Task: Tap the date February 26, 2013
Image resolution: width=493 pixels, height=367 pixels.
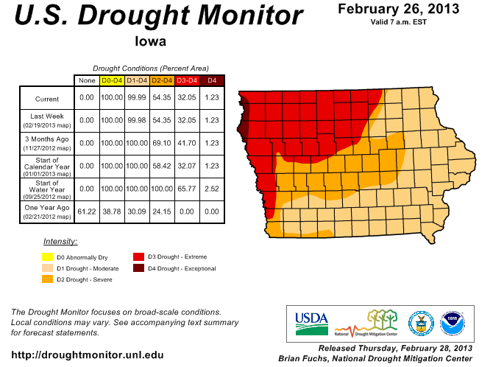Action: pos(399,9)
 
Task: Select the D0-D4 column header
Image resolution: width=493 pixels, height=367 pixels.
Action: pos(112,80)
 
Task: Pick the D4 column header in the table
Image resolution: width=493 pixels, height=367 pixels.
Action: pos(212,80)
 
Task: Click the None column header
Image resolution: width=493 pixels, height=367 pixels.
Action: pos(87,80)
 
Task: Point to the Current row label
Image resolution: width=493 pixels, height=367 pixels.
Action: pos(46,99)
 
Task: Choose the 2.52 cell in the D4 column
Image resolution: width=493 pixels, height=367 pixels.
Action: pos(212,188)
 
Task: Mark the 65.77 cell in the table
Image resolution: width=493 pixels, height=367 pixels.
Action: pos(187,188)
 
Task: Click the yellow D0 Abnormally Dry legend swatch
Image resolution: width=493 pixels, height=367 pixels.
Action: pos(48,257)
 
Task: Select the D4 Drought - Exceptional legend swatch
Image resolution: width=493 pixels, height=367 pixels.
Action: pos(138,268)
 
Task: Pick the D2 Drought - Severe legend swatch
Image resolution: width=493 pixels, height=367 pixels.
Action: pos(48,279)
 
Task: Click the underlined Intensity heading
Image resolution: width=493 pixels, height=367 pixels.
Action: pos(60,241)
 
